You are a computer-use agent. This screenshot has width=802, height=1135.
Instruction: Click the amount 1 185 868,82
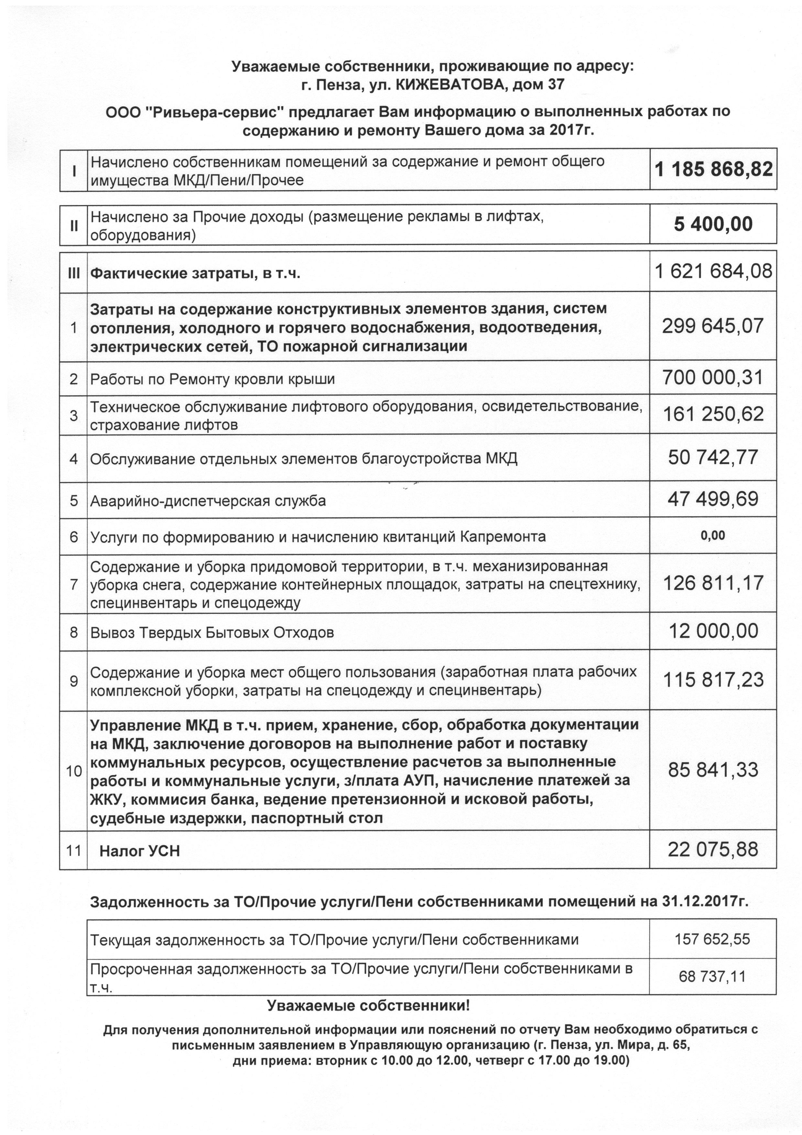[713, 170]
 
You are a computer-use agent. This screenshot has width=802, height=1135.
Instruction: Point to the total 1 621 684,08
[713, 271]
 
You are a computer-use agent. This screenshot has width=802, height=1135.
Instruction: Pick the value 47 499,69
[713, 499]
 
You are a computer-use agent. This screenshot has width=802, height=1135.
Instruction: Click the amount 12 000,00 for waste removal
[713, 631]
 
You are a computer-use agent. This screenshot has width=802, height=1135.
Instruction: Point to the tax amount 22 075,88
[713, 850]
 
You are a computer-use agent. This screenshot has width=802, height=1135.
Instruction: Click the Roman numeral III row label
[74, 273]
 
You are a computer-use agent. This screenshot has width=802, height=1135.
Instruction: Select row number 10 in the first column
[74, 771]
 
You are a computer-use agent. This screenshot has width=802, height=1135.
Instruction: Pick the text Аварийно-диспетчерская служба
[208, 501]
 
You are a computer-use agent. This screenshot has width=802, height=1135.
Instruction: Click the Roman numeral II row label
[74, 226]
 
